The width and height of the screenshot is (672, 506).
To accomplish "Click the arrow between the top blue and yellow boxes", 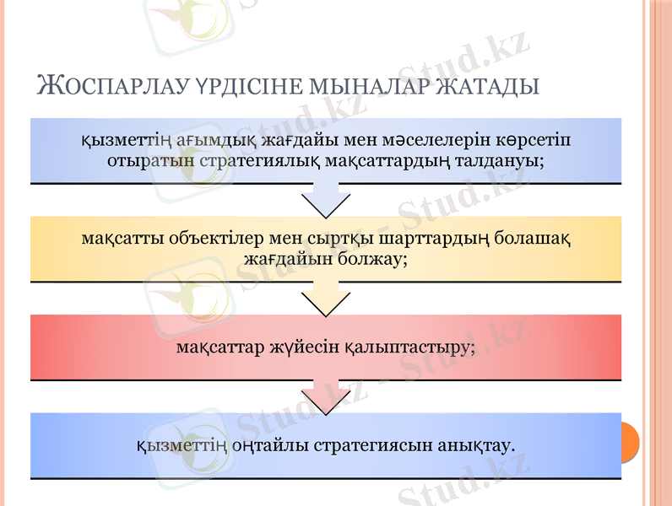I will click(x=326, y=202).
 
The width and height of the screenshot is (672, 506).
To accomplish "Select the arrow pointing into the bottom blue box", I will click(x=326, y=397).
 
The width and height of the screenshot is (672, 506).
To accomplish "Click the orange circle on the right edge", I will click(x=629, y=443).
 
